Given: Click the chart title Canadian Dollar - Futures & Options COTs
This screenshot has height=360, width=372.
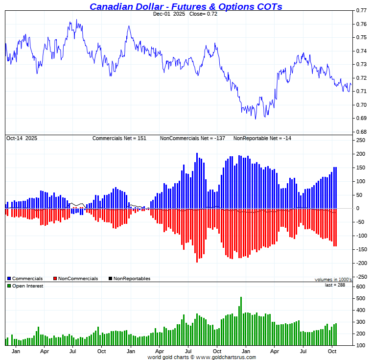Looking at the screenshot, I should point(186,6).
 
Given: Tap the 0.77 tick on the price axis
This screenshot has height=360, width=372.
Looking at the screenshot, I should point(361,10).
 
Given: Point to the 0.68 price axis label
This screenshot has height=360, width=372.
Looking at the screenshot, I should point(361,132).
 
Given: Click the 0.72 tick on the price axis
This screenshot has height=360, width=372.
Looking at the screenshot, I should point(361,78).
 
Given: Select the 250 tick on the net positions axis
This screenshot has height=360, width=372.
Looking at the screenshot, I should point(361,140).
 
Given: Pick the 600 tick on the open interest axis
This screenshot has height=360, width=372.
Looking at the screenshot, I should point(361,287).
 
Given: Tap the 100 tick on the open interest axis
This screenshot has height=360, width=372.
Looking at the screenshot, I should point(361,345).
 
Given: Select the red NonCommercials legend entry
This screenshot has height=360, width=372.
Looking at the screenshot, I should point(75,279).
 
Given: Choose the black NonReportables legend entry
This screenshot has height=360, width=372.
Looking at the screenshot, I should point(129,279).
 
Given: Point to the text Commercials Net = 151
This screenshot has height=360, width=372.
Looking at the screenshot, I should point(119,139).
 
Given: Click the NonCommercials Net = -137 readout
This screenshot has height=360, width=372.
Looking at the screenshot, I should point(192,139).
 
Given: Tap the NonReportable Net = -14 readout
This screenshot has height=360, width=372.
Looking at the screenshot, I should point(262,139).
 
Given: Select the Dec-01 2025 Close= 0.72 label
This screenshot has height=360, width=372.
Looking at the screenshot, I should point(186,14).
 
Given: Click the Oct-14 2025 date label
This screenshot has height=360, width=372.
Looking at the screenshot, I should point(22,139).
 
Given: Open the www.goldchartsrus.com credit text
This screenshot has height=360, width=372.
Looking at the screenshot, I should point(202,357).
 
